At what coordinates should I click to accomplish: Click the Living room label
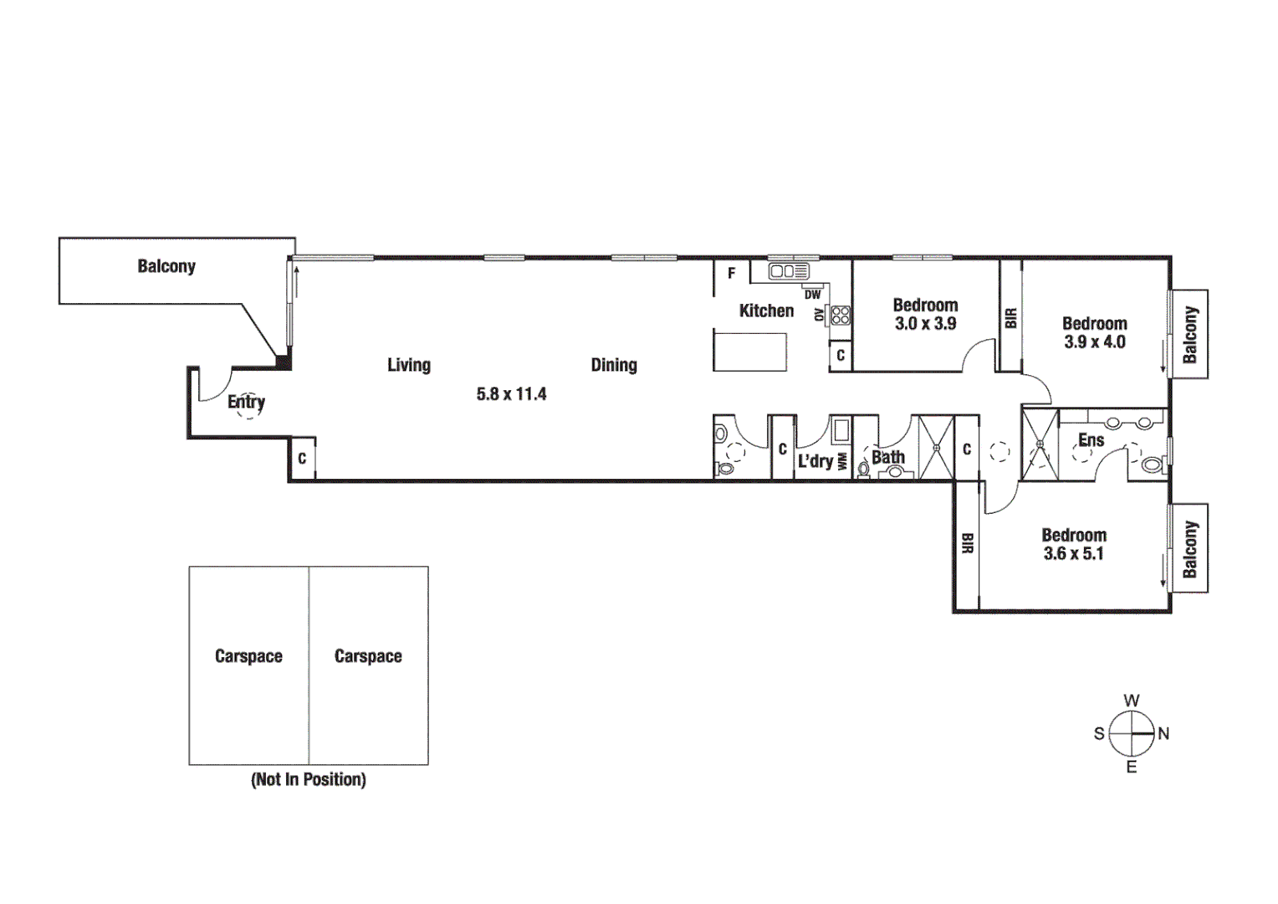point(408,365)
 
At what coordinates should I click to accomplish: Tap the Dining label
point(613,365)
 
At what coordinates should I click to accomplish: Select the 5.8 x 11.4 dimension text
point(511,394)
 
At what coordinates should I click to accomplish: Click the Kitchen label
point(766,311)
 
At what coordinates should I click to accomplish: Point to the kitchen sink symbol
point(789,271)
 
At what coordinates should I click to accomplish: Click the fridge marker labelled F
point(731,273)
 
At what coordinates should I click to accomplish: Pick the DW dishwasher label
point(812,295)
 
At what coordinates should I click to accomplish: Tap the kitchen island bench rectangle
point(749,352)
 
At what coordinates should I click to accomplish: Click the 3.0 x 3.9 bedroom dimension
point(925,324)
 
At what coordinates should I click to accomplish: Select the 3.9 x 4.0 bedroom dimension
point(1094,342)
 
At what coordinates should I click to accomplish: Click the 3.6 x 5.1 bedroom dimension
point(1073,554)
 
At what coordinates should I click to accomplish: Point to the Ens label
point(1091,440)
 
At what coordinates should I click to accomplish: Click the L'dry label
point(815,461)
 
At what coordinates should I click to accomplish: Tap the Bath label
point(887,457)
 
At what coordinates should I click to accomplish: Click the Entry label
point(246,402)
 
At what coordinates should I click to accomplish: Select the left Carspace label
point(248,656)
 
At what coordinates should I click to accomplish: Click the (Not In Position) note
point(309,779)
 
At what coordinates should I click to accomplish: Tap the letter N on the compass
point(1163,733)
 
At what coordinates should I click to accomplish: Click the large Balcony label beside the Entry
point(166,266)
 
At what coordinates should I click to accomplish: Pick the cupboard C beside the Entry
point(302,459)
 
